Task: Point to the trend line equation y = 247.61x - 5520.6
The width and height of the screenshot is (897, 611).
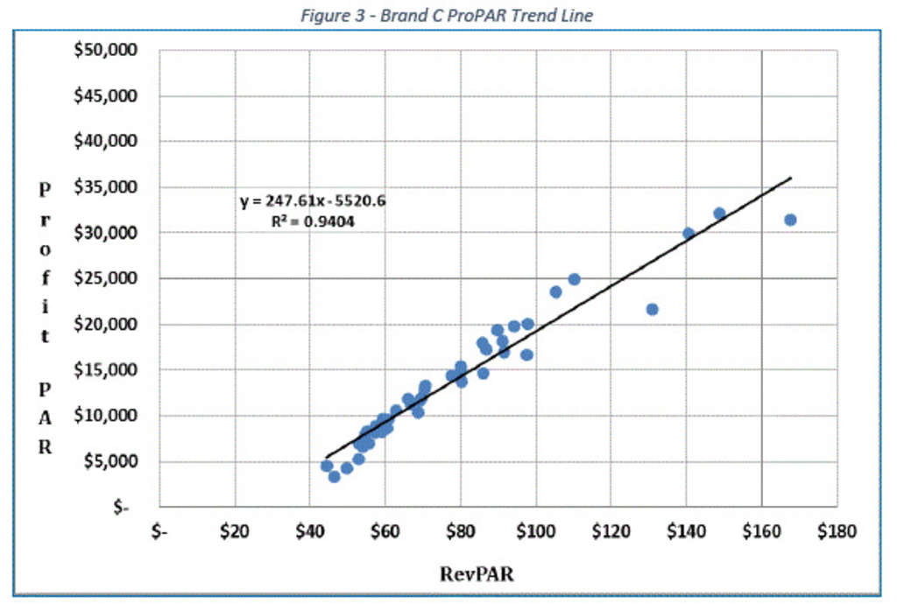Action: pos(313,201)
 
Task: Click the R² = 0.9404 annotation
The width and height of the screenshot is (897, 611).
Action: pos(314,221)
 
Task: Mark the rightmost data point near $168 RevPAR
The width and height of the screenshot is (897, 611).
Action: pos(790,220)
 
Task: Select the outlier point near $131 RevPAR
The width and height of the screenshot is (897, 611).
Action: pos(652,309)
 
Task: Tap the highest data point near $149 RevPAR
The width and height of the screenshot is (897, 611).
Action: pos(719,214)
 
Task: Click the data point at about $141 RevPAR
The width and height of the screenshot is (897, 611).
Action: pos(689,234)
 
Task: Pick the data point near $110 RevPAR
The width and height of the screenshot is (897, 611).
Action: pos(574,279)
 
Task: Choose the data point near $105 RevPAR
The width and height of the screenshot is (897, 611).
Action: pos(555,291)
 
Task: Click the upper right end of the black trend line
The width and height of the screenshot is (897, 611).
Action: pos(791,178)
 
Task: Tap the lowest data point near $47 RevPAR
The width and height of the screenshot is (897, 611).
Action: pos(334,476)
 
